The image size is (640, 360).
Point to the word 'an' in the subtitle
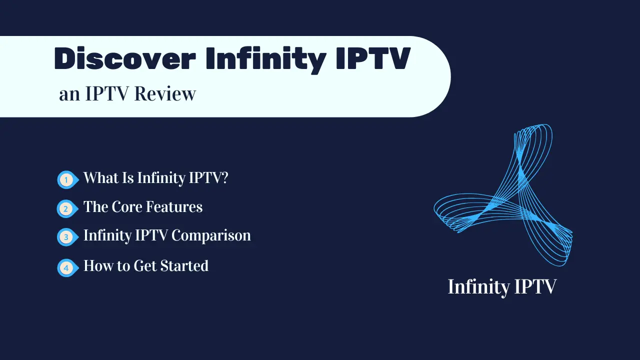click(69, 94)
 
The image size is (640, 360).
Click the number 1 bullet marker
click(65, 179)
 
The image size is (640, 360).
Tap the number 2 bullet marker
click(65, 208)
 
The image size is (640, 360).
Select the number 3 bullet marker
click(65, 237)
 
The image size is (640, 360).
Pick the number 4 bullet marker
click(65, 267)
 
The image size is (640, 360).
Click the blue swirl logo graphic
click(502, 195)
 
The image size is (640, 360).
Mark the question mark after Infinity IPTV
click(223, 177)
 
